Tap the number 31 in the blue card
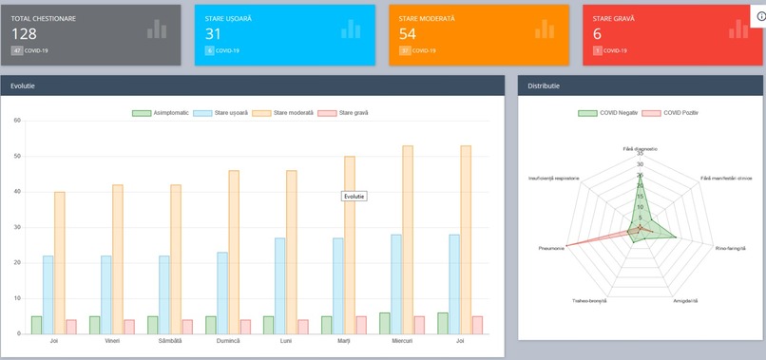tap(213, 33)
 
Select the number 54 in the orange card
tap(409, 33)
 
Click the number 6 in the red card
tap(597, 33)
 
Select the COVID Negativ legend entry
tap(610, 113)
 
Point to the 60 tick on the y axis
tap(17, 121)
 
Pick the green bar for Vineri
tap(94, 325)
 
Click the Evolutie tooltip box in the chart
tap(354, 197)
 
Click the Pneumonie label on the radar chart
tap(551, 250)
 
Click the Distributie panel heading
tap(545, 85)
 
